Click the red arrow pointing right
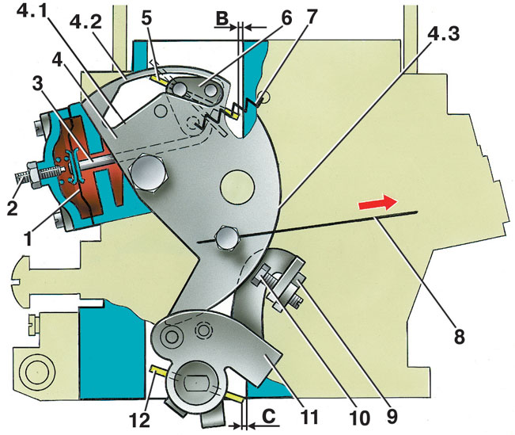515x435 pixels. [377, 203]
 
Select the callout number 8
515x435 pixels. [459, 336]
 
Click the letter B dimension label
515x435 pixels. [222, 19]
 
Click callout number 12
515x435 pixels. [140, 419]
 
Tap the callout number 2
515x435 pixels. [13, 208]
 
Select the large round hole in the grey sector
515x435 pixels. [238, 186]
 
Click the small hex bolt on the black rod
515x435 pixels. [226, 238]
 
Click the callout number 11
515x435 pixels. [309, 418]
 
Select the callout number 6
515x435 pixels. [286, 18]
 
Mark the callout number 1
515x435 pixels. [28, 238]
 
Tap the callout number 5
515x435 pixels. [146, 19]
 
